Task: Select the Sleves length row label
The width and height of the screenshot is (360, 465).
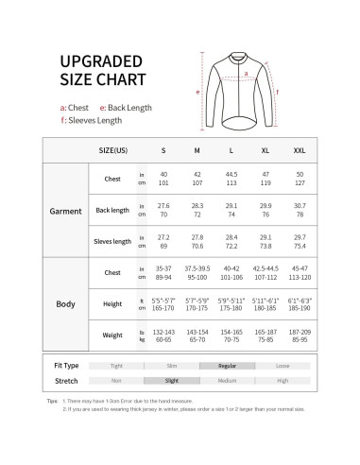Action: tap(112, 241)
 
